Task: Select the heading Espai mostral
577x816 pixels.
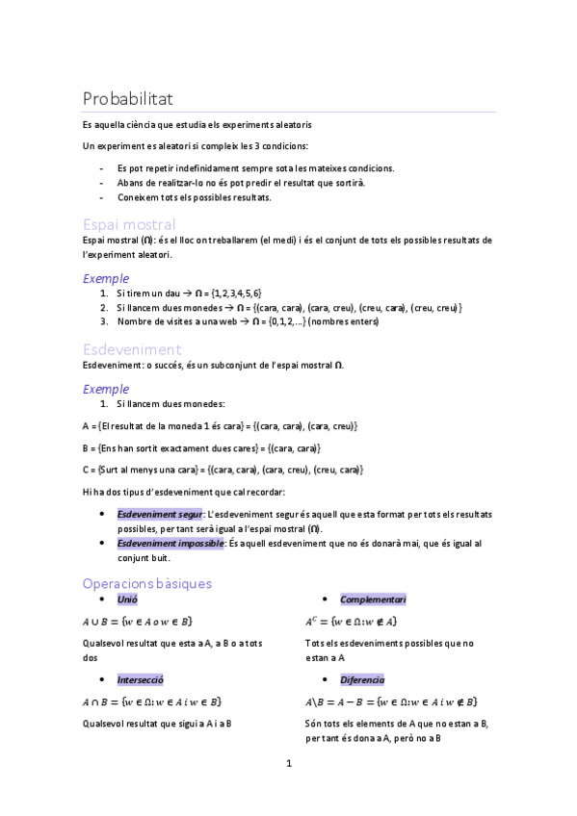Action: pyautogui.click(x=129, y=224)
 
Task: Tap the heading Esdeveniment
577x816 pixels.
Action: pyautogui.click(x=132, y=349)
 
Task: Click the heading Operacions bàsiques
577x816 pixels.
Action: pyautogui.click(x=147, y=583)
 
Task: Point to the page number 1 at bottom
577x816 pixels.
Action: pyautogui.click(x=288, y=764)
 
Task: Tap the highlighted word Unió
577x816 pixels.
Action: pyautogui.click(x=127, y=599)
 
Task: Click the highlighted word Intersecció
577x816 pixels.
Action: pyautogui.click(x=141, y=678)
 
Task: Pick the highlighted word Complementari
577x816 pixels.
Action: pyautogui.click(x=373, y=599)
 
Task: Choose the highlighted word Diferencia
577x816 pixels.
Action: pyautogui.click(x=362, y=678)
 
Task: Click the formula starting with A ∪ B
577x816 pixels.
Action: pyautogui.click(x=138, y=622)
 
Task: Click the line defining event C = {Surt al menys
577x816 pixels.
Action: pyautogui.click(x=223, y=469)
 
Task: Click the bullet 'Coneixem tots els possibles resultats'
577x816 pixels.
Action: pyautogui.click(x=195, y=197)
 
